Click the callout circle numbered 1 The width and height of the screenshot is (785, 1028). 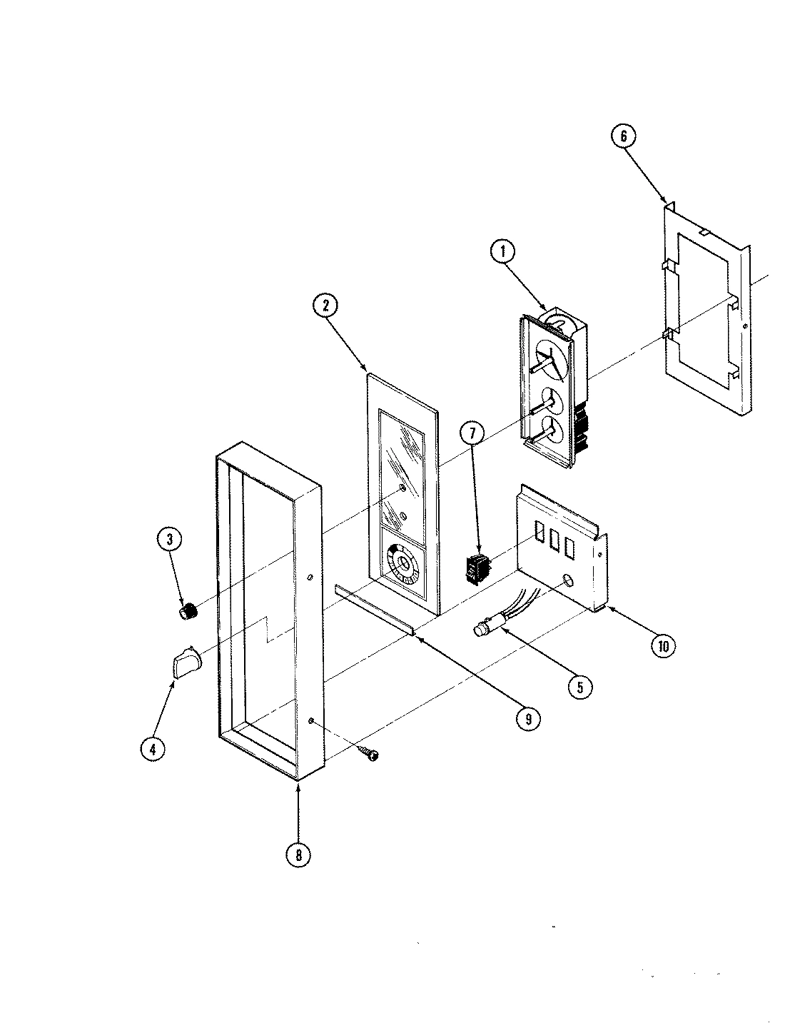[503, 252]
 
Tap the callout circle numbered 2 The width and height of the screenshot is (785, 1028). [325, 306]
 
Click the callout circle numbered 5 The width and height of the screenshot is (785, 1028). [579, 686]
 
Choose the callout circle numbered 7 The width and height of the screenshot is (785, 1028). [472, 433]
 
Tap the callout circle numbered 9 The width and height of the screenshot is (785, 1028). [527, 719]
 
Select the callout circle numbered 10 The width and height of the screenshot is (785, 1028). [663, 645]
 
